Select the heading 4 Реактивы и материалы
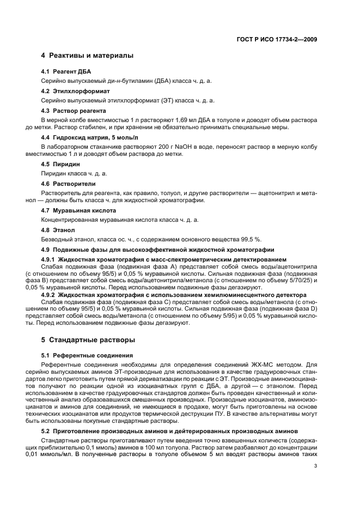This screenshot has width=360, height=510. click(x=87, y=56)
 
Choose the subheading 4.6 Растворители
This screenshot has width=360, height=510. click(x=69, y=184)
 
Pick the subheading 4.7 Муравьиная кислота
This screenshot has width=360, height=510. click(x=78, y=210)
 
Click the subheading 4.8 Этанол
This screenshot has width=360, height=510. click(x=58, y=230)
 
